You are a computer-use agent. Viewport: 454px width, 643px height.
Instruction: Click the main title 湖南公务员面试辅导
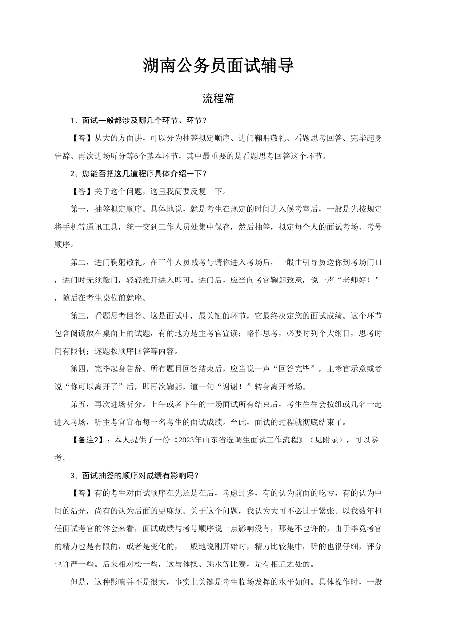click(x=218, y=66)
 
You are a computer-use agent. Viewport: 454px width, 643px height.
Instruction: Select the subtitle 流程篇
click(x=218, y=98)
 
